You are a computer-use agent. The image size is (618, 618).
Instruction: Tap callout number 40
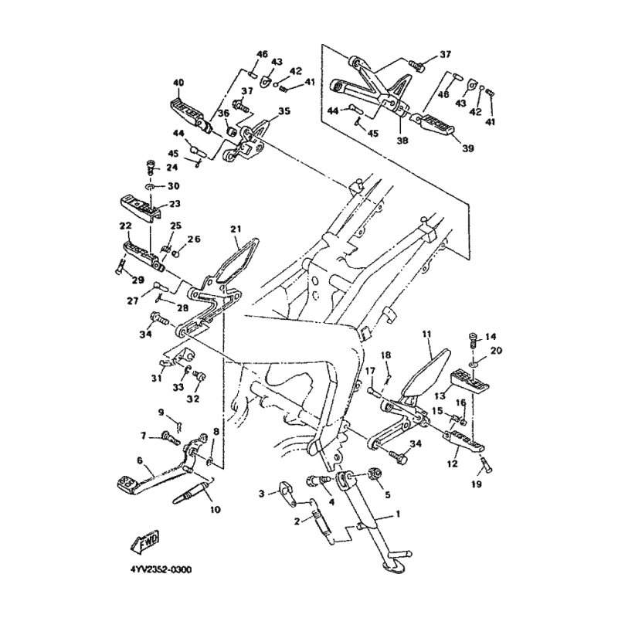pos(178,83)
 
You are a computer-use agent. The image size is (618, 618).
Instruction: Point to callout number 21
pos(236,229)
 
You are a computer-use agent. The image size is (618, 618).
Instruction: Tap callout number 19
pos(476,484)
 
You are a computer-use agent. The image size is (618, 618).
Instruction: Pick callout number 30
pos(172,186)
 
